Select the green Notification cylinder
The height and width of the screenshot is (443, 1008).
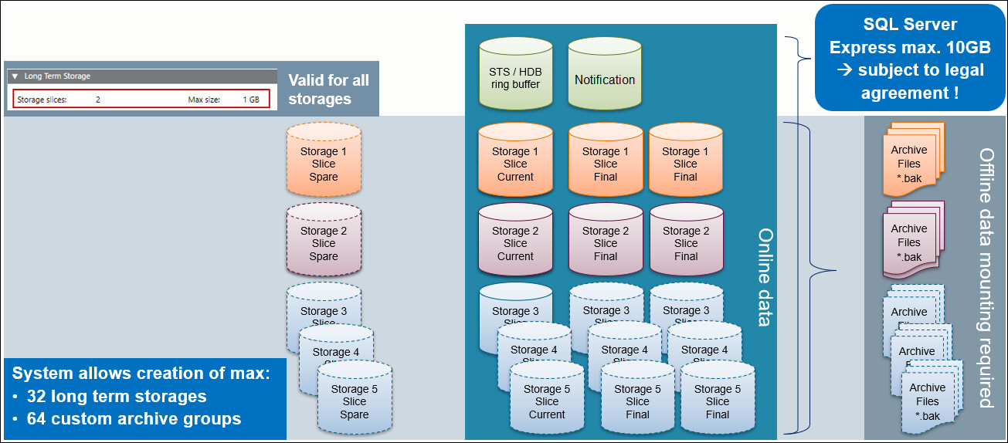coord(605,74)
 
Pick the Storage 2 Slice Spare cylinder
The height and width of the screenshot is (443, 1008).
coord(324,242)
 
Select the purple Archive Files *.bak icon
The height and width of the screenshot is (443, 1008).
coord(909,242)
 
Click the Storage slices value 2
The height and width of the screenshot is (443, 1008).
coord(98,100)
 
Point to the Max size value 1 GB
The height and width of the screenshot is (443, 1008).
coord(251,100)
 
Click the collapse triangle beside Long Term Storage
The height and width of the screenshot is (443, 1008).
coord(15,76)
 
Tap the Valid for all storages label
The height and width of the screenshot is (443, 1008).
coord(328,89)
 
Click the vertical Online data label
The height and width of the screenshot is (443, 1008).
coord(764,276)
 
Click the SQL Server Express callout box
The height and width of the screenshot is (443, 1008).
coord(910,58)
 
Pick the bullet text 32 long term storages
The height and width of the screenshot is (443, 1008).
coord(117,397)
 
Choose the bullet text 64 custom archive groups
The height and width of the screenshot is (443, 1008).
coord(134,419)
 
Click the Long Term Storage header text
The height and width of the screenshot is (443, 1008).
coord(57,76)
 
